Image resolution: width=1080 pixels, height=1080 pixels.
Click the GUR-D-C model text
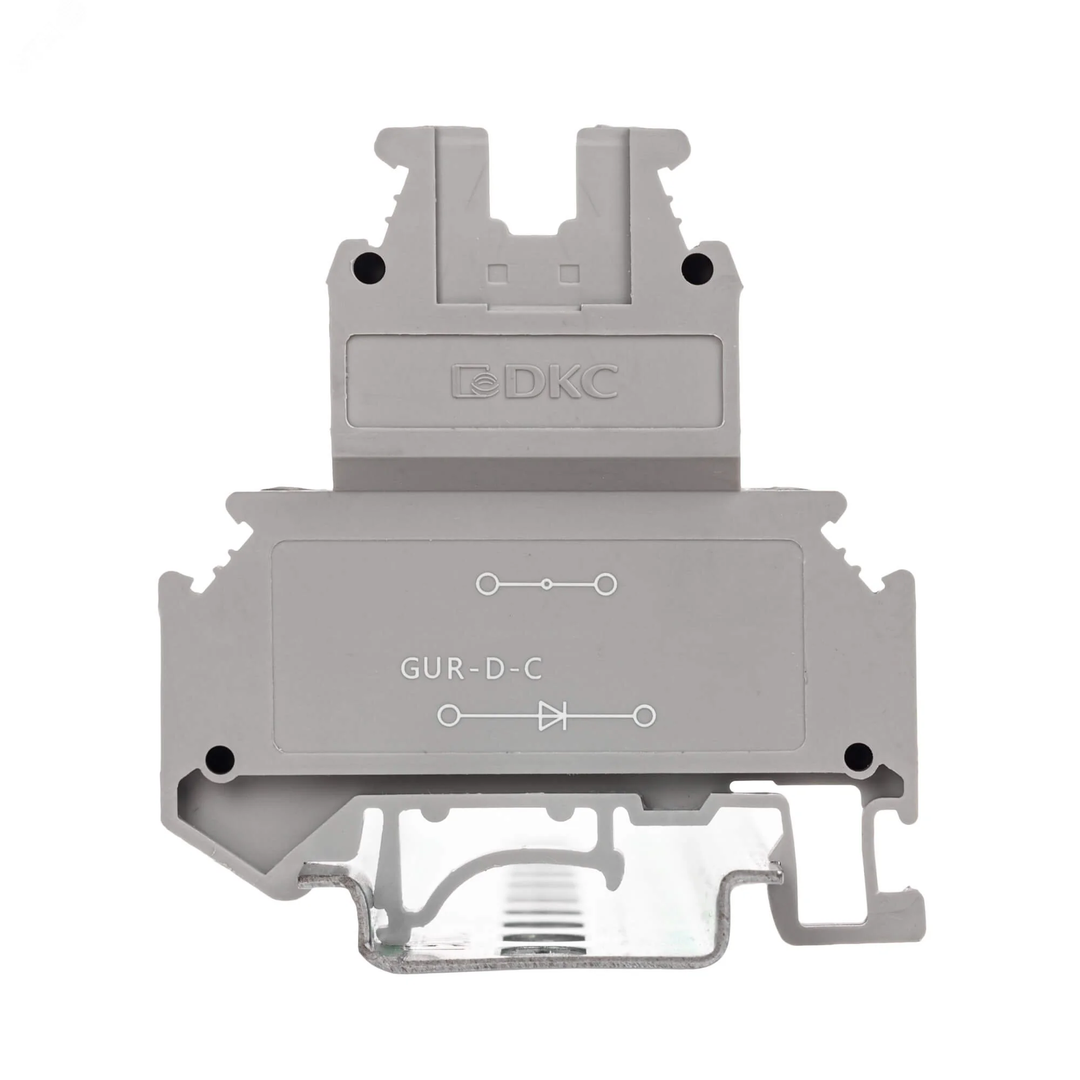coord(471,670)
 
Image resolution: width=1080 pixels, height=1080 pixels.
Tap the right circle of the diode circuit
coord(646,715)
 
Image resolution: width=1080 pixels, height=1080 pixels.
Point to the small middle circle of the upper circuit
coord(546,585)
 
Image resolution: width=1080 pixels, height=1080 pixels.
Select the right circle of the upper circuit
coord(606,584)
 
